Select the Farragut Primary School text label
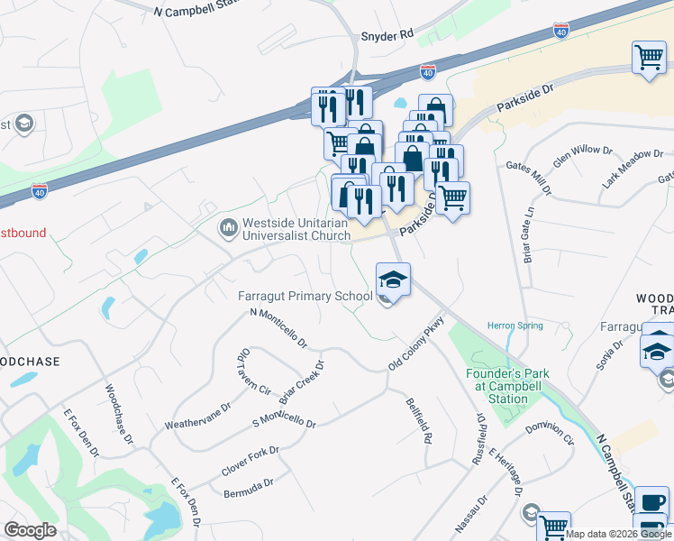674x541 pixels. [305, 296]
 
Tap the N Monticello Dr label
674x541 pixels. [278, 329]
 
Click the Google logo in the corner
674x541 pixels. [31, 530]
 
